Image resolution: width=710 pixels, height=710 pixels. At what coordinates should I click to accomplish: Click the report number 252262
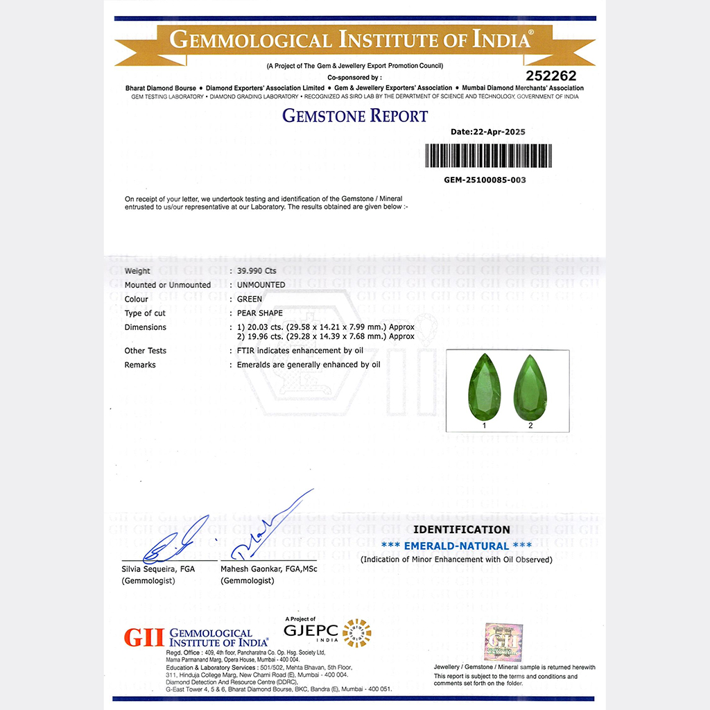point(551,76)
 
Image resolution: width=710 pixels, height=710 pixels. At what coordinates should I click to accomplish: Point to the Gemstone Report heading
point(355,116)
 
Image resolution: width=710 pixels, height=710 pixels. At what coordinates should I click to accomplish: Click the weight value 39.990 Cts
point(257,271)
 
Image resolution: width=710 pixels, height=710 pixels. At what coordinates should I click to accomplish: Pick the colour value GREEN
point(250,299)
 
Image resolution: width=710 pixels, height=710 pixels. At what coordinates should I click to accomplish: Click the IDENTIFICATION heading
point(461,530)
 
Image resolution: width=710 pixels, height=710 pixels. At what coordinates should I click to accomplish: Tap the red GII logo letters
point(144,637)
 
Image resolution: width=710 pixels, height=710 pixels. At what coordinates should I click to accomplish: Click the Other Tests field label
point(145,351)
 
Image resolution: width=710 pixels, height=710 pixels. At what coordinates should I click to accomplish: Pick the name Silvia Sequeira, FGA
point(158,569)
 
